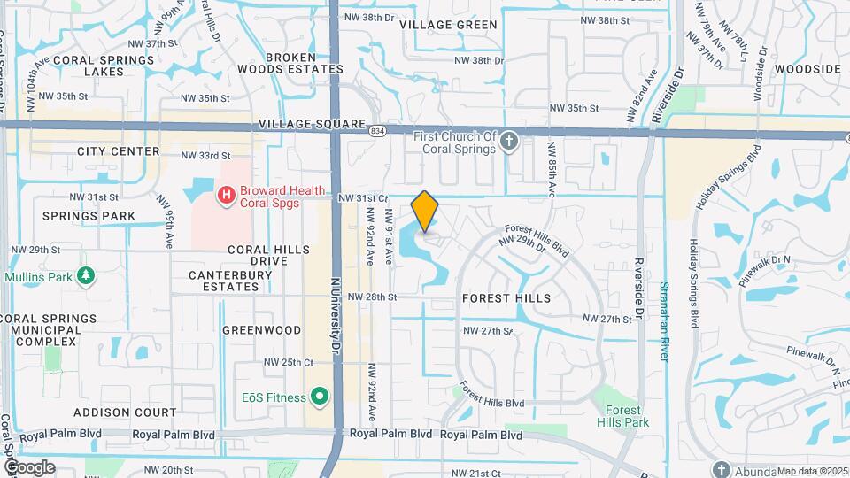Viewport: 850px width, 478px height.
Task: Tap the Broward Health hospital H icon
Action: (227, 194)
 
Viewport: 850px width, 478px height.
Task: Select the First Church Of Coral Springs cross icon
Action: (508, 142)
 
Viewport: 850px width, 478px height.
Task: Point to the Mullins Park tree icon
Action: (86, 277)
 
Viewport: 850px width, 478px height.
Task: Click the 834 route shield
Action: (378, 131)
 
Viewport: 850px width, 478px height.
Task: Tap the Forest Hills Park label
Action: (627, 416)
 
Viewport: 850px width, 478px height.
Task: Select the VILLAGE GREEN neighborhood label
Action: (448, 24)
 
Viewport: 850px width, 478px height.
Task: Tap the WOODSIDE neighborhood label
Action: (807, 68)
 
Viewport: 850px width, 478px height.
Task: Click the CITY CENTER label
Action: (118, 151)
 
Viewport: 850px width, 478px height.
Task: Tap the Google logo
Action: (29, 466)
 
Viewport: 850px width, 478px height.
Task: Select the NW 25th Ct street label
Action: (289, 362)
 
